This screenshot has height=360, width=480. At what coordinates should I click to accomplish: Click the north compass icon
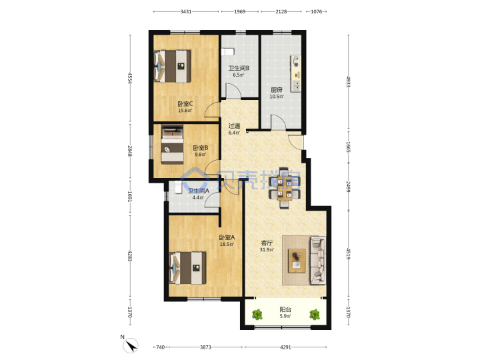click(x=131, y=345)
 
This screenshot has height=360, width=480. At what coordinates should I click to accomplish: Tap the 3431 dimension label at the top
click(x=186, y=11)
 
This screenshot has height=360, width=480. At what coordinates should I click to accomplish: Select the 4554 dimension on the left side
click(x=130, y=78)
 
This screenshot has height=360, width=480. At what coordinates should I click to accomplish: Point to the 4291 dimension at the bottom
click(x=285, y=347)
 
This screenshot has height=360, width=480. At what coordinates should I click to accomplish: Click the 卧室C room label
click(x=185, y=104)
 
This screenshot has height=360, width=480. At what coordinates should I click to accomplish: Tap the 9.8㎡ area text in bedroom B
click(x=201, y=154)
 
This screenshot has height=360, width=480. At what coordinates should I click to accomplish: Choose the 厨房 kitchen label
click(x=277, y=90)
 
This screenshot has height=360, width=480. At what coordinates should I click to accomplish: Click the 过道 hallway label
click(x=234, y=126)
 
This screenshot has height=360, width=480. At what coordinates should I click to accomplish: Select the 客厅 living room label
click(x=267, y=243)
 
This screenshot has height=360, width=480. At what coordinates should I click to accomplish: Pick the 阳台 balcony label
click(x=285, y=309)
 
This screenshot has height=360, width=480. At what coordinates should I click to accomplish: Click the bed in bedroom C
click(x=173, y=67)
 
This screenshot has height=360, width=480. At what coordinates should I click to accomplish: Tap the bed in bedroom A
click(x=187, y=268)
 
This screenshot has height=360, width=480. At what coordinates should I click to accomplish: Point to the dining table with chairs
click(x=285, y=188)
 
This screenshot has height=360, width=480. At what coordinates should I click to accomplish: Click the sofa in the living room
click(x=319, y=260)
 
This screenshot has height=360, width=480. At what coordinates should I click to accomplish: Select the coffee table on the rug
click(x=297, y=261)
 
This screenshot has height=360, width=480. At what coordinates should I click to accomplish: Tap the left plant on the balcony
click(x=257, y=315)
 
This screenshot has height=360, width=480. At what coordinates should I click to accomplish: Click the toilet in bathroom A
click(x=179, y=187)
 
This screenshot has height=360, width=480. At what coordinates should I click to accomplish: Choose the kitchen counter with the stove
click(x=296, y=73)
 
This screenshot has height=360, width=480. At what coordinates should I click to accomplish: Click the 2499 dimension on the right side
click(x=348, y=187)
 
